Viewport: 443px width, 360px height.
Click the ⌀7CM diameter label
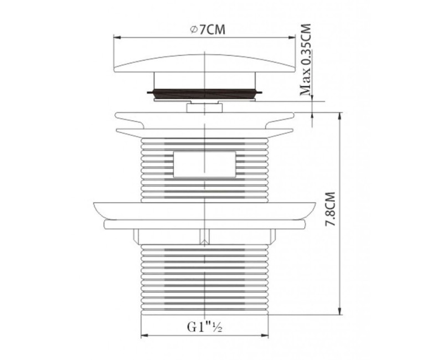click(208, 30)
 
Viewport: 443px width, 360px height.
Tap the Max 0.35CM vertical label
click(305, 60)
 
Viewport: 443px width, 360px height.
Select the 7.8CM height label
click(330, 209)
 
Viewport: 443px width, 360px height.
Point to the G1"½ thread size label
click(204, 327)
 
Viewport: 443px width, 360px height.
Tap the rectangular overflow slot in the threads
click(204, 164)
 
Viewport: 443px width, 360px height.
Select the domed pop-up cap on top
click(204, 63)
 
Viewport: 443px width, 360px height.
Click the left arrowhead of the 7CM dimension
click(117, 37)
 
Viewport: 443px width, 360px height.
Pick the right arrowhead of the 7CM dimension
click(292, 37)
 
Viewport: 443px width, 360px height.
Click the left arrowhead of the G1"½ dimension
click(145, 336)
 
